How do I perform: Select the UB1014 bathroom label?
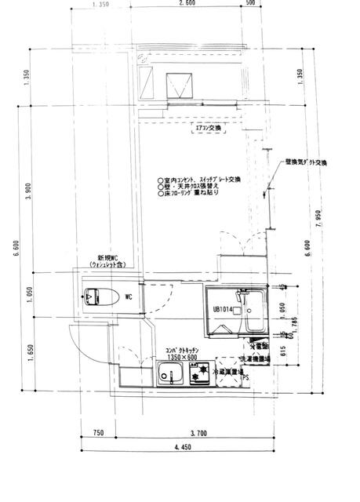pos(224,308)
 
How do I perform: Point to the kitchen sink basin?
pos(170,378)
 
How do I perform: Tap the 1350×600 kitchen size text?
pos(181,358)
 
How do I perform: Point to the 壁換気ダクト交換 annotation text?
pos(311,162)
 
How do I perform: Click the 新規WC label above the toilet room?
pos(107,257)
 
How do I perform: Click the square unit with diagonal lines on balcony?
pos(180,81)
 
